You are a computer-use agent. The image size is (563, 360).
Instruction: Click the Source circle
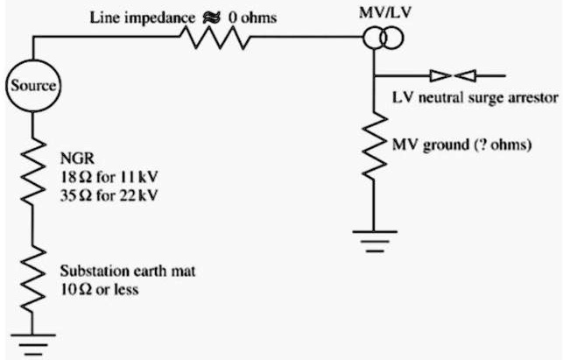pyautogui.click(x=34, y=86)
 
